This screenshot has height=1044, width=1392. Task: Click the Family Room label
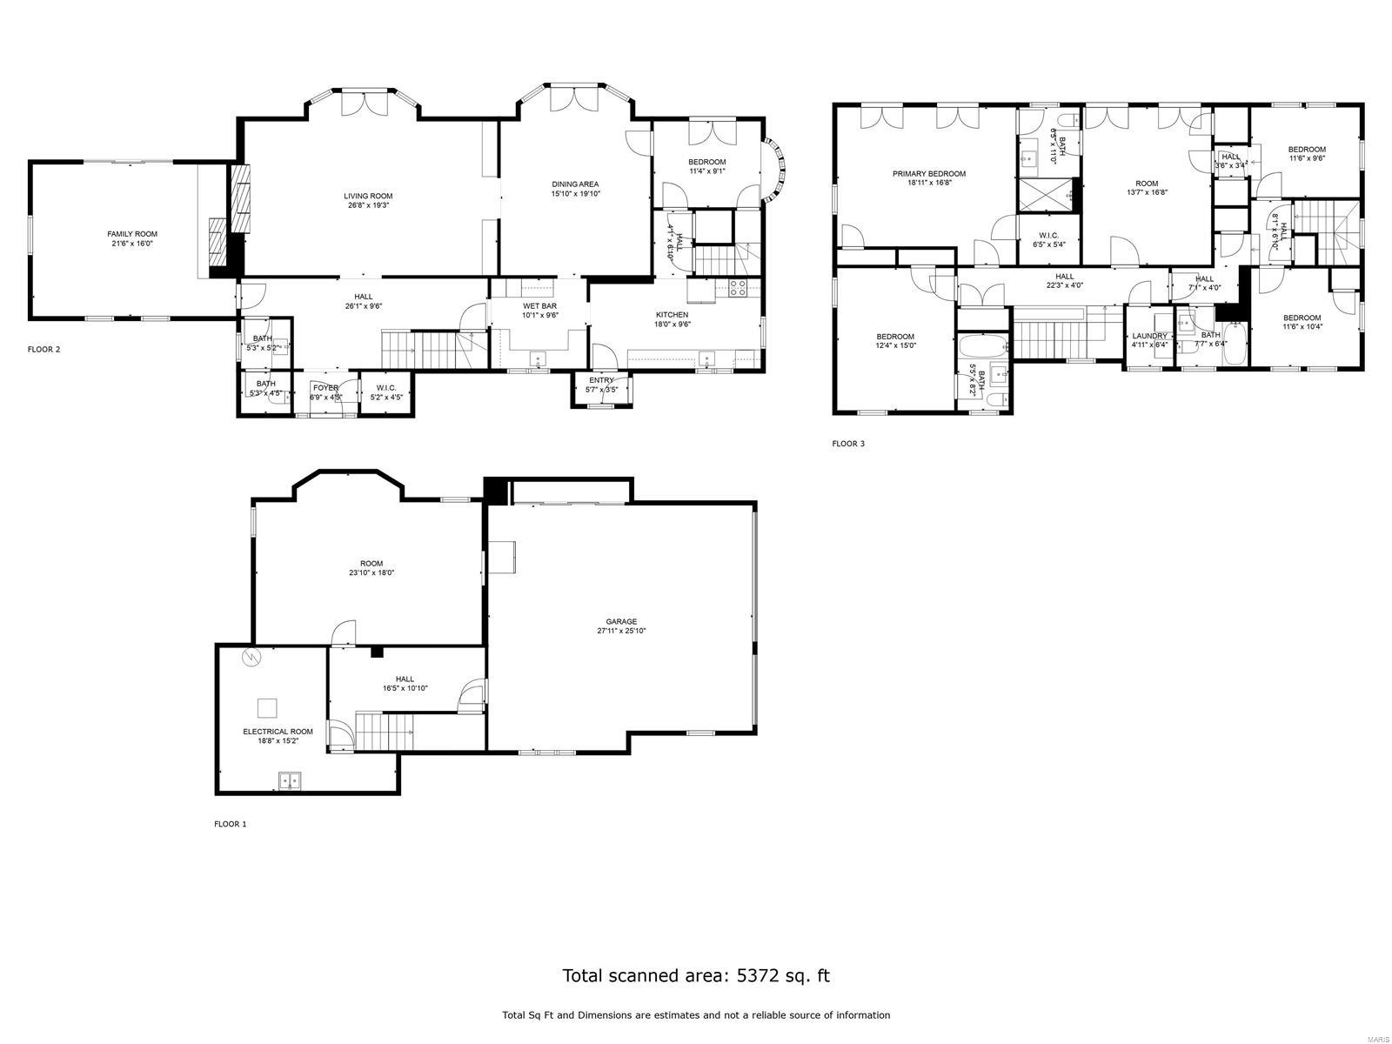[132, 234]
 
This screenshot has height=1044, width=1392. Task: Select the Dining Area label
[575, 184]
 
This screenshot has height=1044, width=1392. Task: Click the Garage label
[621, 621]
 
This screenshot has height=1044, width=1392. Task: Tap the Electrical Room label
[278, 732]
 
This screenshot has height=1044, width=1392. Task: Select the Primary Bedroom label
[928, 173]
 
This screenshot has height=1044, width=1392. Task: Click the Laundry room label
[1149, 336]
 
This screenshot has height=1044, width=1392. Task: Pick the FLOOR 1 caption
[231, 824]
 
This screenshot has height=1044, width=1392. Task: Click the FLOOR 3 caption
[848, 444]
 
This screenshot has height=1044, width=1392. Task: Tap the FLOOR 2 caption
[44, 350]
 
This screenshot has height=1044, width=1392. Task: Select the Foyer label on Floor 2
[325, 388]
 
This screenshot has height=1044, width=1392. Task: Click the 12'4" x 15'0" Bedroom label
[895, 337]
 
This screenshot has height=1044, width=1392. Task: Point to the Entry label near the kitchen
[601, 380]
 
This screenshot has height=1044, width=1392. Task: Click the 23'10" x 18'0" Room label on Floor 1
[371, 564]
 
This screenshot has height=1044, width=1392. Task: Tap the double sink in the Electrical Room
[289, 780]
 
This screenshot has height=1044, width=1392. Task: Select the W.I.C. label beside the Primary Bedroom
[1048, 235]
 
